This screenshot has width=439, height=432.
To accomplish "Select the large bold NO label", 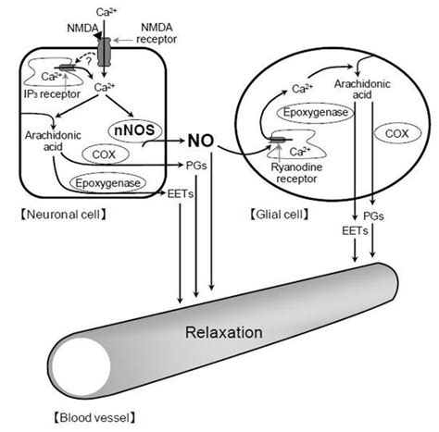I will [x=200, y=142].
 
